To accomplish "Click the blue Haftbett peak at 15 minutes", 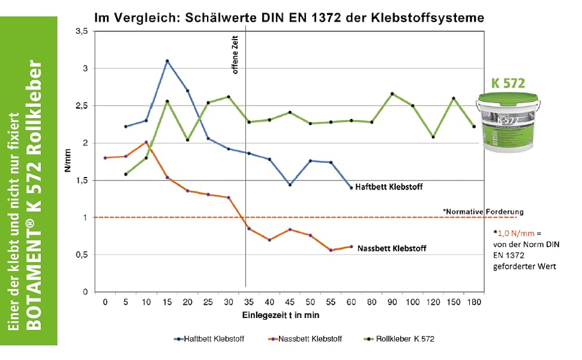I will [167, 61].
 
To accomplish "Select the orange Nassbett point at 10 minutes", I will [146, 142].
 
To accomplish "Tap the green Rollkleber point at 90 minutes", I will [392, 94].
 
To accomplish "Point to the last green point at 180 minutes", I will [474, 127].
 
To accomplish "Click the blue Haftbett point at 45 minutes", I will [290, 185].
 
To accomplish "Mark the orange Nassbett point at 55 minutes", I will [331, 250].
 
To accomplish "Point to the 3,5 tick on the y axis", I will [83, 31].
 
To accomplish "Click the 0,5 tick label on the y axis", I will [83, 254].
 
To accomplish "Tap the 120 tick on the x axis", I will [433, 302].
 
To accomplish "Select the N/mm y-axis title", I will [69, 161].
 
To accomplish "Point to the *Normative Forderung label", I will [483, 212].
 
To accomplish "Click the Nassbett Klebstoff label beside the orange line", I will [392, 248].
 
